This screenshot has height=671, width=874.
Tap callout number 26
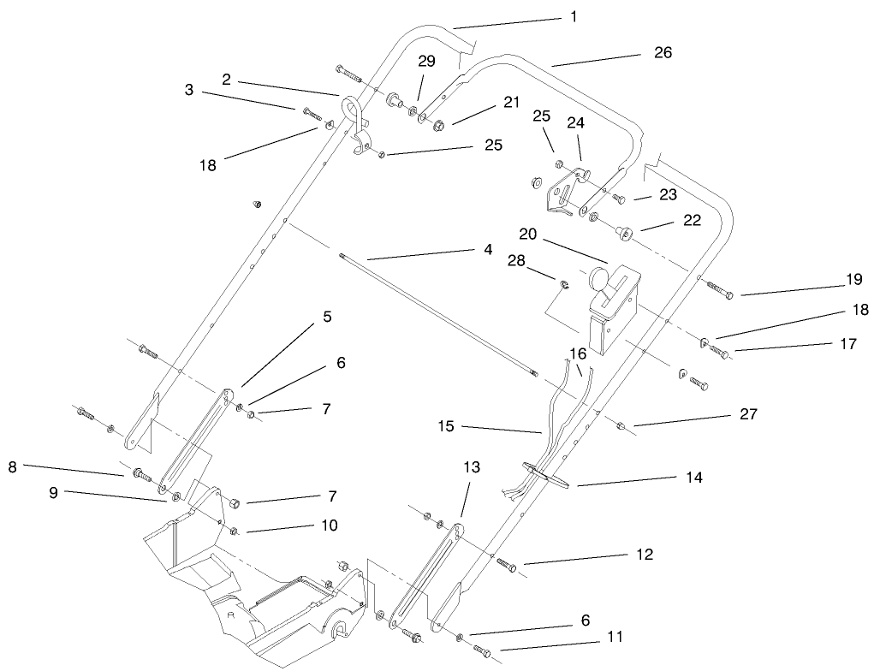663,52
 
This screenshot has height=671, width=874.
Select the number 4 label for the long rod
487,249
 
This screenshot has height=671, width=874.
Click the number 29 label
426,61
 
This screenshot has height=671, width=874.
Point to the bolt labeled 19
718,291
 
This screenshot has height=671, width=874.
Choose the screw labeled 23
621,199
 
